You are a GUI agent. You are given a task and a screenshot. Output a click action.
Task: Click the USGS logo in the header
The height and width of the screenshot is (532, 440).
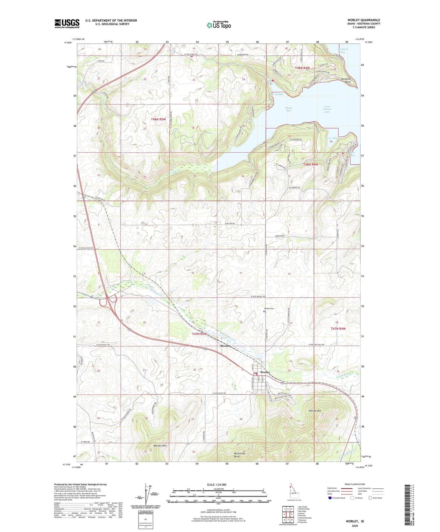[67, 23]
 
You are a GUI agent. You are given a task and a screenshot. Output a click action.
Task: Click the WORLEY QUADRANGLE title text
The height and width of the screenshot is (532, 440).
[359, 20]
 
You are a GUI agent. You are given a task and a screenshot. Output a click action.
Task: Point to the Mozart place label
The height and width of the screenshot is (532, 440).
[225, 346]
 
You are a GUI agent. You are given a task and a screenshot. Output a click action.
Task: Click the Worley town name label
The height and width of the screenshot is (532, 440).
[265, 372]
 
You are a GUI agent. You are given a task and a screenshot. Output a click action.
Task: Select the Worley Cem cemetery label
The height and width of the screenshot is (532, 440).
[269, 309]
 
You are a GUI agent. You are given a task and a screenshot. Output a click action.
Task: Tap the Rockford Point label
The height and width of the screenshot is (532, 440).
[346, 80]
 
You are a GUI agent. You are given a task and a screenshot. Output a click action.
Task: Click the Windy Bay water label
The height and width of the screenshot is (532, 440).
[288, 109]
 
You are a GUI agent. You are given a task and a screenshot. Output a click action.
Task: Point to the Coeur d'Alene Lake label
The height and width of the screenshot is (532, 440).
[327, 109]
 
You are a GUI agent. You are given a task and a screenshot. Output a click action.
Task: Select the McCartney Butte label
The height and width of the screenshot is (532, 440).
[239, 455]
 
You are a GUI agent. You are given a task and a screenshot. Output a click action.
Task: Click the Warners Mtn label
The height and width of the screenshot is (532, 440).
[160, 446]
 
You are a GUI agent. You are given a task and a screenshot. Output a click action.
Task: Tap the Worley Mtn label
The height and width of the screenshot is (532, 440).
[315, 411]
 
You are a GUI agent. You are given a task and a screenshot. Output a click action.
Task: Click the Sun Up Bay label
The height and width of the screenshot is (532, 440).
[276, 94]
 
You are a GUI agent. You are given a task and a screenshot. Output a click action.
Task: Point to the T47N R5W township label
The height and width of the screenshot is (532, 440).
[199, 334]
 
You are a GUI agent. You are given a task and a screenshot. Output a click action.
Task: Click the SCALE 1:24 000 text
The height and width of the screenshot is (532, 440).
[216, 484]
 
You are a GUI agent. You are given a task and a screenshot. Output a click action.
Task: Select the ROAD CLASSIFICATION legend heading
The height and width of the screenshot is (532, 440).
[354, 484]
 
